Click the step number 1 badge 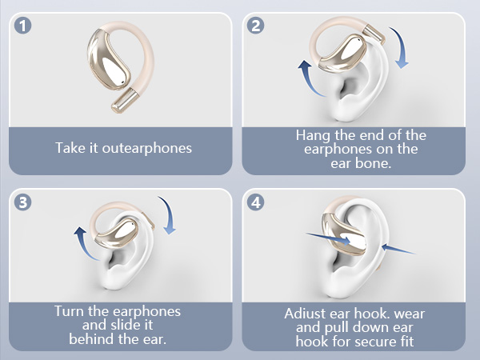pyautogui.click(x=23, y=26)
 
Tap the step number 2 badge pyautogui.click(x=256, y=26)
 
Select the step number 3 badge pyautogui.click(x=23, y=202)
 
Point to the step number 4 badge pyautogui.click(x=256, y=202)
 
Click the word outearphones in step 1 pyautogui.click(x=147, y=149)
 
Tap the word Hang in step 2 pyautogui.click(x=313, y=136)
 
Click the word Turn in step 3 pyautogui.click(x=70, y=311)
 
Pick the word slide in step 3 pyautogui.click(x=126, y=325)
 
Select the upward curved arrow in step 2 pyautogui.click(x=308, y=78)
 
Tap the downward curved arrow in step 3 pyautogui.click(x=170, y=214)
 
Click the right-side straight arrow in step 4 pyautogui.click(x=398, y=249)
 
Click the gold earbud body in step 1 pyautogui.click(x=107, y=60)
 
